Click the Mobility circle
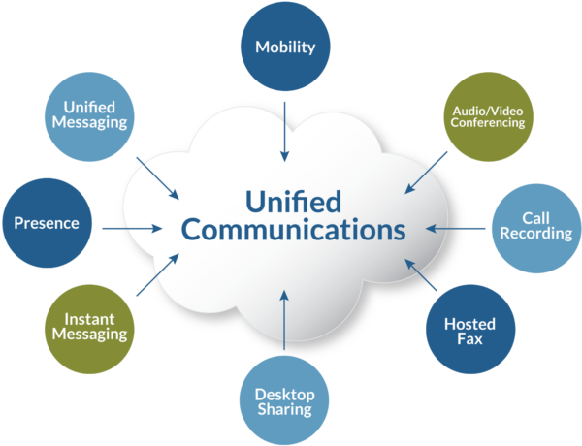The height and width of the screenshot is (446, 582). tap(285, 46)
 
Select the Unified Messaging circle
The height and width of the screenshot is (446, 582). tap(90, 115)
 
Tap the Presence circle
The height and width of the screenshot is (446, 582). tap(47, 223)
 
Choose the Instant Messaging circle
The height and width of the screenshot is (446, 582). tap(89, 326)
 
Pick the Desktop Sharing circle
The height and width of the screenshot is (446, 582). tap(284, 400)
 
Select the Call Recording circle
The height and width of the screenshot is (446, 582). tap(536, 226)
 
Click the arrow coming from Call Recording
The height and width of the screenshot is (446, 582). tap(459, 230)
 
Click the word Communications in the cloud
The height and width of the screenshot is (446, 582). tap(293, 231)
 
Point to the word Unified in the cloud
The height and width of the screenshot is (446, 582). tap(292, 202)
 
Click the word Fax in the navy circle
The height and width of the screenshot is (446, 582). tap(469, 340)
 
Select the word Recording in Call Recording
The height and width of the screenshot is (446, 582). tap(536, 234)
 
